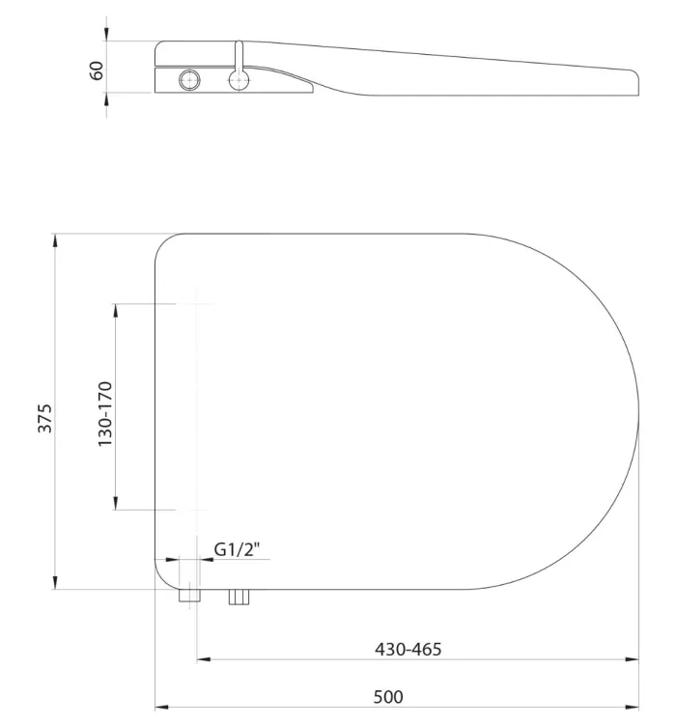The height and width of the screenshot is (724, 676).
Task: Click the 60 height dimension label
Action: tap(97, 70)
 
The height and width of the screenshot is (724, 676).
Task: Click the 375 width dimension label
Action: tap(45, 419)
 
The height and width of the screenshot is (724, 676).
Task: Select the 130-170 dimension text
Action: tap(105, 414)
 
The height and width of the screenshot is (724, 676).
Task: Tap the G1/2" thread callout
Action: tap(237, 549)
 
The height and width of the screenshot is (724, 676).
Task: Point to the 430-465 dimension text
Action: tap(408, 650)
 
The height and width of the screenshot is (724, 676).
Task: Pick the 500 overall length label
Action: tap(388, 697)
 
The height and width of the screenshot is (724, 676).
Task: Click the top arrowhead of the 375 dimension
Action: tap(55, 240)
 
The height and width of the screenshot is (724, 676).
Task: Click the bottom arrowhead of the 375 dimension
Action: tap(55, 582)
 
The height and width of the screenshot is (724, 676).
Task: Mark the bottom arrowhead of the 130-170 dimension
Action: tap(116, 503)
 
